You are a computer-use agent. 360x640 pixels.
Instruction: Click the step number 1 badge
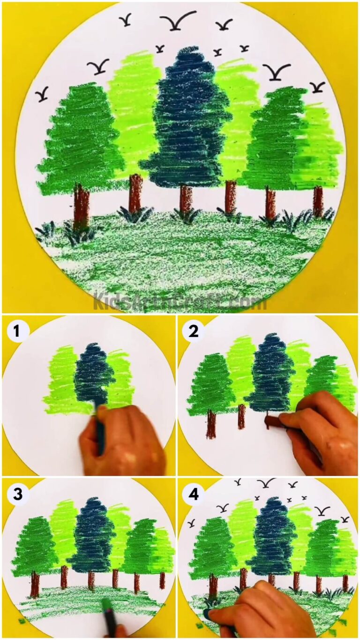(x=17, y=331)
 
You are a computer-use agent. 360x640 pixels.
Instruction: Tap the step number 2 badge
(x=193, y=331)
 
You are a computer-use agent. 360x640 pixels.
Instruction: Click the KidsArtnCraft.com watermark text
(x=180, y=301)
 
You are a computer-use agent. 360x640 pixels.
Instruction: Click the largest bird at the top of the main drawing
(x=178, y=21)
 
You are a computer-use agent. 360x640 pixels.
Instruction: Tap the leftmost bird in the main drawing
(x=42, y=94)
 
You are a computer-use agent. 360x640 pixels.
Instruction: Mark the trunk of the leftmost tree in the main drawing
(x=81, y=206)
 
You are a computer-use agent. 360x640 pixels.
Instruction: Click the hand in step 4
(x=262, y=610)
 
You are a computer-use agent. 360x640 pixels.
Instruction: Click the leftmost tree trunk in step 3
(x=35, y=583)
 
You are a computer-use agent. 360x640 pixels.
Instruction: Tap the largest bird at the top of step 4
(x=266, y=483)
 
